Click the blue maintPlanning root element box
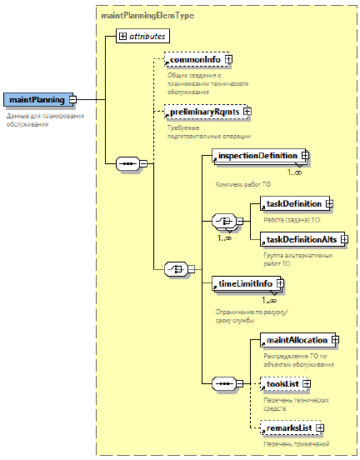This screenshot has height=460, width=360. pos(38,100)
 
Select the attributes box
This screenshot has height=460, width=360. pos(142,36)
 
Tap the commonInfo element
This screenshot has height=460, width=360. pos(197,59)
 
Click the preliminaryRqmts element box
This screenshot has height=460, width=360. pos(207,112)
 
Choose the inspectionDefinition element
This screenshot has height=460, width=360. pos(259,156)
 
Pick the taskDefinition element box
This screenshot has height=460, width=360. pos(295,203)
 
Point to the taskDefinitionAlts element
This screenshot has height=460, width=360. pos(302,239)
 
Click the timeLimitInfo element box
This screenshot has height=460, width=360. pos(247,283)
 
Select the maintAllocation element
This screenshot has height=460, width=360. pos(297,340)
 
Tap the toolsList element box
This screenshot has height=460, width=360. pos(283,384)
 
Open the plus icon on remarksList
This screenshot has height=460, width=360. pos(320,428)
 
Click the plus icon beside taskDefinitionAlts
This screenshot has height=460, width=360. pos(344,239)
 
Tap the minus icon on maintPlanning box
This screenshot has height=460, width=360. pos(72,100)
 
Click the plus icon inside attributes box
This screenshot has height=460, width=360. pos(122,36)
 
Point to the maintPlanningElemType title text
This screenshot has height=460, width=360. pos(147,15)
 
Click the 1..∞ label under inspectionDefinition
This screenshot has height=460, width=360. pos(294,172)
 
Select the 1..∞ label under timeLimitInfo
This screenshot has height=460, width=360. pos(269,300)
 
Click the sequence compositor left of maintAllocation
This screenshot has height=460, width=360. pos(224,383)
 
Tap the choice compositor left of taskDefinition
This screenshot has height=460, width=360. pos(224,221)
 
